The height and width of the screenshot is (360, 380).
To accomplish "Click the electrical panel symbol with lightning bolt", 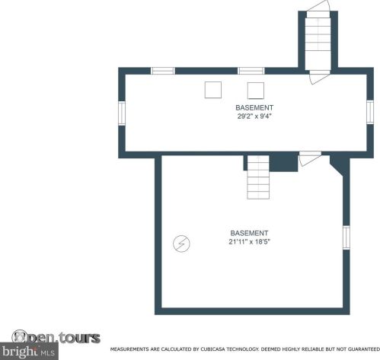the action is (181, 244).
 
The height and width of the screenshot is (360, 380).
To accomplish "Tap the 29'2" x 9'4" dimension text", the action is (254, 116).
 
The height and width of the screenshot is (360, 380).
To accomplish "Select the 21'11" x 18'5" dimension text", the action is (249, 241).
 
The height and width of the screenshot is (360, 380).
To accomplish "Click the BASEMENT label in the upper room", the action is (254, 107).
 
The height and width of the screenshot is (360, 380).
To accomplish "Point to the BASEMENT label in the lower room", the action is (249, 233).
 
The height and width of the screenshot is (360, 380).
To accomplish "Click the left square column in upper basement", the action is (213, 90).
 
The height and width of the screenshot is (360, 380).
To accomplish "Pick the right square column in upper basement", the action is (256, 91).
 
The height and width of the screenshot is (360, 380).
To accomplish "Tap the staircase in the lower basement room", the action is (258, 177).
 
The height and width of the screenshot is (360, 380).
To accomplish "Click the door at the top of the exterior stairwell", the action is (318, 6).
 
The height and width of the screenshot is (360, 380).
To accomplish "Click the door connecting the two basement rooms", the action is (310, 158).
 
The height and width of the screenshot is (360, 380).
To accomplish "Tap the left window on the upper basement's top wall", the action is (163, 71).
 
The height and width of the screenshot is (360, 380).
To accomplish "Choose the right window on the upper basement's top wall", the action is (251, 71).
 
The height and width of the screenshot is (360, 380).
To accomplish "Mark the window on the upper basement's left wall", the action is (122, 113).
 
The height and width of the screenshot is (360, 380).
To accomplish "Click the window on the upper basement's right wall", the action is (370, 112).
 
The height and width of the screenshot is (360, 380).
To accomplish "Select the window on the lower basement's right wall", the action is (346, 237).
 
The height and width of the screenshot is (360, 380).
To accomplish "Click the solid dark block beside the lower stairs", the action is (283, 162).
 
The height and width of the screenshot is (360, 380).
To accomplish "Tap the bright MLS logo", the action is (29, 352).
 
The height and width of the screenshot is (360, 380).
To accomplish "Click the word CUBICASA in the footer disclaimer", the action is (212, 349).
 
